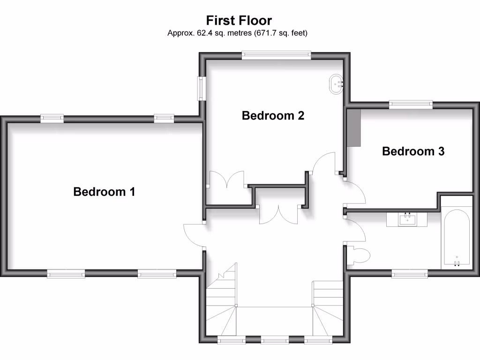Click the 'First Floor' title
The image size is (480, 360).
point(239,21)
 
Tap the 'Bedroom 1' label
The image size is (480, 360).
point(104,192)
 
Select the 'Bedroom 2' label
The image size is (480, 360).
point(273,115)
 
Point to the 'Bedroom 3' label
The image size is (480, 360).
point(413,151)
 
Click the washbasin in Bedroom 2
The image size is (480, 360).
point(337,83)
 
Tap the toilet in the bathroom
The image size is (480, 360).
point(360,255)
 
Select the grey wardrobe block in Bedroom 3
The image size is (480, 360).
point(353,127)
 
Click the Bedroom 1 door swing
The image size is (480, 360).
point(193,234)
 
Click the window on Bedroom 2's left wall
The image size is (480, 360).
point(201,88)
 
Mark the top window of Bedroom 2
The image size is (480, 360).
point(276,55)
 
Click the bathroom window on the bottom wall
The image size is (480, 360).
point(410,273)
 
